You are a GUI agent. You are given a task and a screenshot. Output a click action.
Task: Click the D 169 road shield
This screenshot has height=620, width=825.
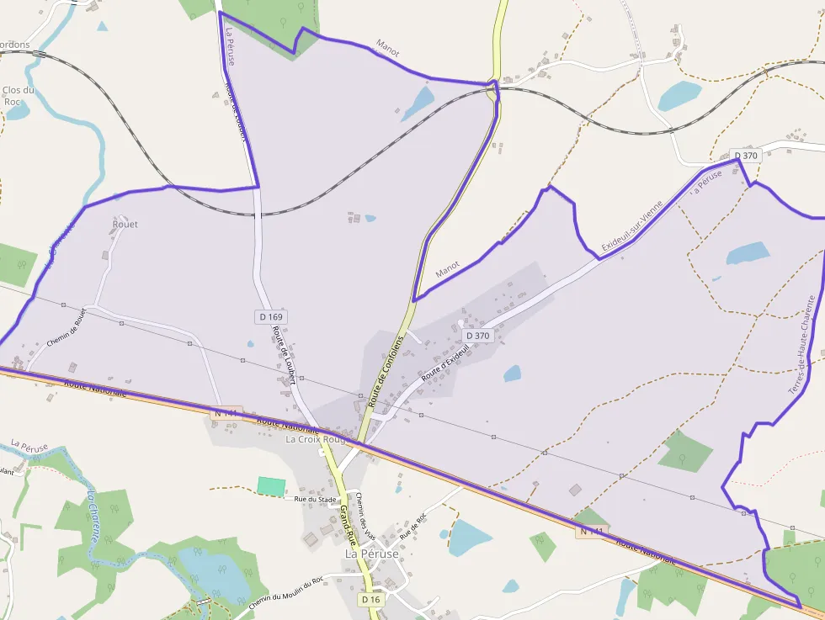(x=269, y=316)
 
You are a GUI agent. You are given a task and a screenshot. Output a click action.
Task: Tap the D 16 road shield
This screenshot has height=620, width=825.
(x=371, y=600)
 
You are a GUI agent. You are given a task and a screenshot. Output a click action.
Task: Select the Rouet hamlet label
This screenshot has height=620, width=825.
(x=125, y=225)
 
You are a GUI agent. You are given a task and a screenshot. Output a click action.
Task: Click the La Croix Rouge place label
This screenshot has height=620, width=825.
(x=317, y=439)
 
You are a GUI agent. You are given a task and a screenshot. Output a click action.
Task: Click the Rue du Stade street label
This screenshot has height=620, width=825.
(x=316, y=499)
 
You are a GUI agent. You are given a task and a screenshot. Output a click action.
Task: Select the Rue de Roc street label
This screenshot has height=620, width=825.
(x=413, y=526)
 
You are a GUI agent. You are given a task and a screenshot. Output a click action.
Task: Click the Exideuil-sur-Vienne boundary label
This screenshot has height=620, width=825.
(x=632, y=226)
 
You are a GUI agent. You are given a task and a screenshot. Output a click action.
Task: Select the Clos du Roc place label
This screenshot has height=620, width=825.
(x=18, y=96)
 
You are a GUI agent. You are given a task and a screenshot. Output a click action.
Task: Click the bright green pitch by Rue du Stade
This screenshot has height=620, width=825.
(x=271, y=486)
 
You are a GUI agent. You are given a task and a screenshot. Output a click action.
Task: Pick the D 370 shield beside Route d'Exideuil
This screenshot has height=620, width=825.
(x=477, y=336)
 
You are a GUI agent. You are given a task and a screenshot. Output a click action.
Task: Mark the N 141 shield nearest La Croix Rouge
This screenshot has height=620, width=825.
(x=227, y=414)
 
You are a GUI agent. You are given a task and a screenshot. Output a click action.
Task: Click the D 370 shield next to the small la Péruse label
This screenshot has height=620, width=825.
(x=746, y=156)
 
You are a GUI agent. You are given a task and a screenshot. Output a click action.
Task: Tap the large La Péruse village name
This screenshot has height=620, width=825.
(x=371, y=554)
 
